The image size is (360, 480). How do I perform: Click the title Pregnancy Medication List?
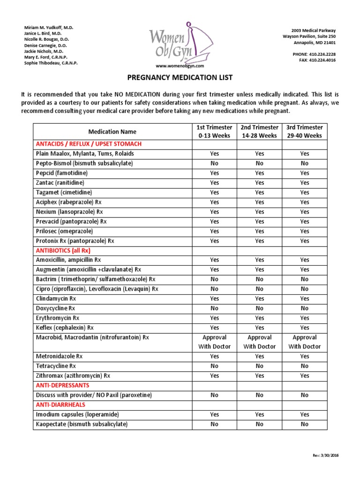pyautogui.click(x=180, y=77)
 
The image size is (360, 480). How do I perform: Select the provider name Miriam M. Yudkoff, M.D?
pyautogui.click(x=49, y=28)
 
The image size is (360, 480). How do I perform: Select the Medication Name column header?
pyautogui.click(x=112, y=132)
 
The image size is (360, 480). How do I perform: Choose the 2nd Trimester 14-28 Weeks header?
pyautogui.click(x=259, y=131)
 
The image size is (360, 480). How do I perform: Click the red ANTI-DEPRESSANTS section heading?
pyautogui.click(x=62, y=385)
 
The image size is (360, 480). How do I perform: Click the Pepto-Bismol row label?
pyautogui.click(x=84, y=163)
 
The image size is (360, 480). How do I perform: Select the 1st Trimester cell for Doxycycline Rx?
pyautogui.click(x=214, y=308)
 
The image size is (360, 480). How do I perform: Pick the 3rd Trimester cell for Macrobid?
pyautogui.click(x=305, y=342)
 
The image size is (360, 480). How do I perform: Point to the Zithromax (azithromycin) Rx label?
pyautogui.click(x=73, y=376)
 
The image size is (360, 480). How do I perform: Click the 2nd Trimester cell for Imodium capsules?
pyautogui.click(x=259, y=414)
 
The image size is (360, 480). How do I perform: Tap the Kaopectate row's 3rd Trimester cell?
pyautogui.click(x=305, y=424)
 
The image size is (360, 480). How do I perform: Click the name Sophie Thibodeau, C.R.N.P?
pyautogui.click(x=51, y=63)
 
